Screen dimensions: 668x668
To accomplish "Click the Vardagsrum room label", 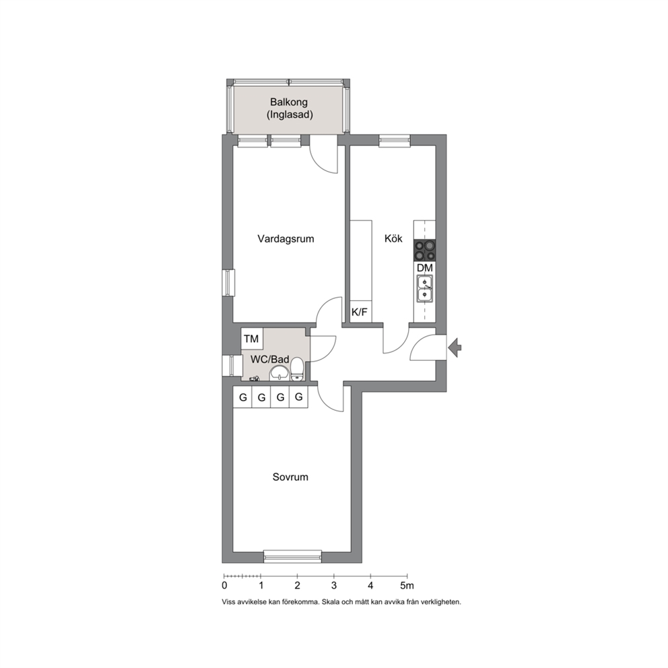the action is pyautogui.click(x=286, y=238).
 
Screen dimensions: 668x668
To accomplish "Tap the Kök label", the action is pyautogui.click(x=393, y=238).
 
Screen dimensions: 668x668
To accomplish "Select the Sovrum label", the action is pyautogui.click(x=290, y=477).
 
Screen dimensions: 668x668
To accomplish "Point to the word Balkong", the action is pyautogui.click(x=289, y=102).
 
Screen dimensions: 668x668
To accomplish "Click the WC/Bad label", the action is pyautogui.click(x=269, y=359).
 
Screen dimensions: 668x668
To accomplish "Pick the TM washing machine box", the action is pyautogui.click(x=252, y=339).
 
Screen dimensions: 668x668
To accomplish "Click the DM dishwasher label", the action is pyautogui.click(x=425, y=268).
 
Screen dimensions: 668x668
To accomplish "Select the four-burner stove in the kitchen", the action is pyautogui.click(x=425, y=250).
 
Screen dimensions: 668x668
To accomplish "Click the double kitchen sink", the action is pyautogui.click(x=425, y=288).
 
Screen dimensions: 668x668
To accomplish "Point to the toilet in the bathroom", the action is pyautogui.click(x=297, y=369).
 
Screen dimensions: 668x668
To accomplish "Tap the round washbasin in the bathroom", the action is pyautogui.click(x=279, y=374).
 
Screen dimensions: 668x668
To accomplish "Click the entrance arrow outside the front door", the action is pyautogui.click(x=455, y=347).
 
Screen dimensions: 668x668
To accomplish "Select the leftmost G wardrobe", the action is pyautogui.click(x=243, y=397).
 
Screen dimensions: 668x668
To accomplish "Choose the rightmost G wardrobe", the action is pyautogui.click(x=298, y=397).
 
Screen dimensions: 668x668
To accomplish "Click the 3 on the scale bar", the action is pyautogui.click(x=334, y=586).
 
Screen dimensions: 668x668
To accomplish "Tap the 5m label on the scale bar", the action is pyautogui.click(x=407, y=586).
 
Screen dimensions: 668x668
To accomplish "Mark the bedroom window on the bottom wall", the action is pyautogui.click(x=292, y=556).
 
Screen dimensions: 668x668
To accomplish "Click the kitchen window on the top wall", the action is pyautogui.click(x=395, y=141).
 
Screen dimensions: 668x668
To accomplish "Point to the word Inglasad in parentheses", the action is pyautogui.click(x=290, y=114).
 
